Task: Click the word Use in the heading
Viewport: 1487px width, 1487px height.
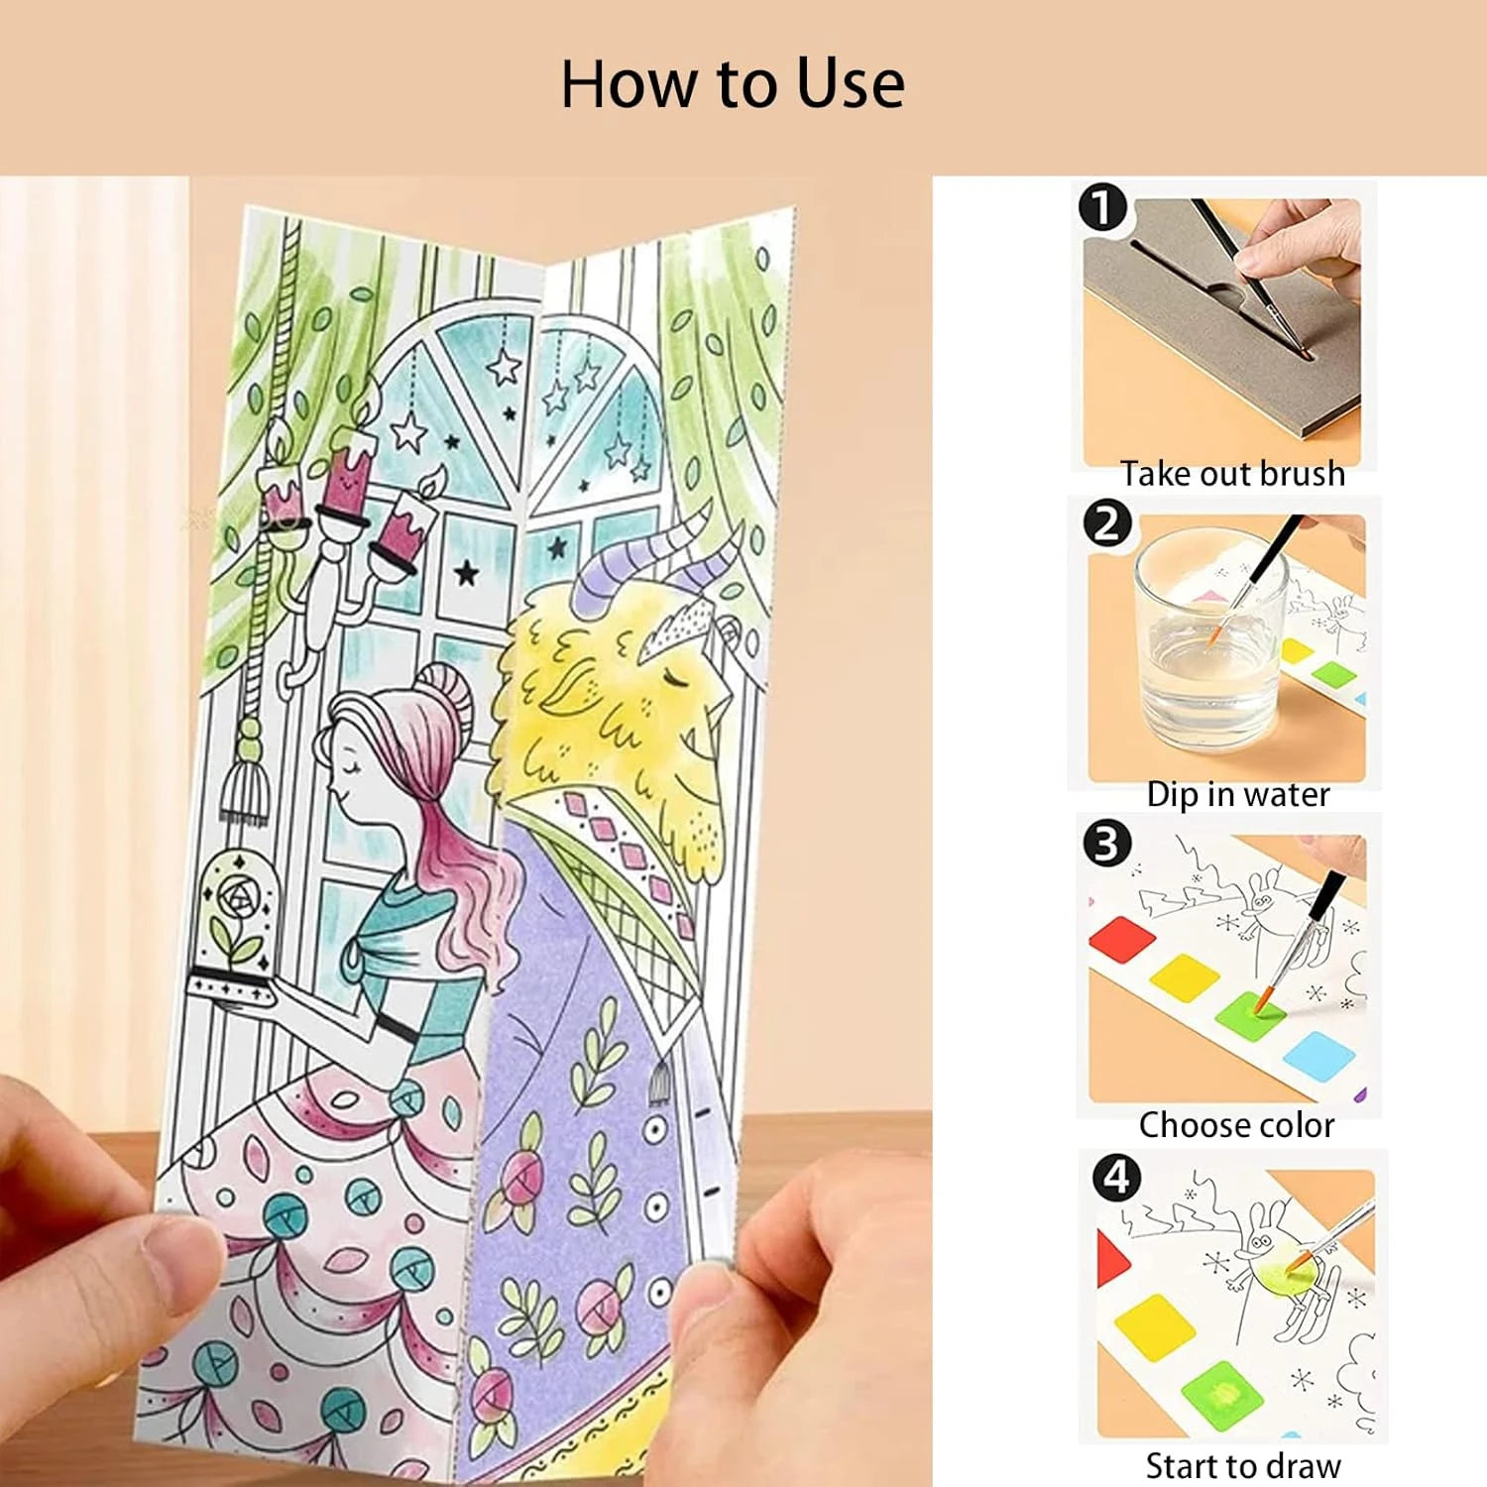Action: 851,83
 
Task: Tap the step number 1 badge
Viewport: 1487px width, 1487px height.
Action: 1103,207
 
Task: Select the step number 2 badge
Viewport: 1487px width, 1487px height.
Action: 1107,523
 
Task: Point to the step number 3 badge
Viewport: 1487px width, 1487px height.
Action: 1107,844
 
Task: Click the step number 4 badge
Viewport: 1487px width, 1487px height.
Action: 1116,1178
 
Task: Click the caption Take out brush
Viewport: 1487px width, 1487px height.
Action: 1232,474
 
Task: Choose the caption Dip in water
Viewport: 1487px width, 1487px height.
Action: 1237,794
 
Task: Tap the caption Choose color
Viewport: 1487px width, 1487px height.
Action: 1236,1125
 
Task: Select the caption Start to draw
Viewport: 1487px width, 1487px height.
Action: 1243,1465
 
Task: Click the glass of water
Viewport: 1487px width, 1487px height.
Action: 1207,639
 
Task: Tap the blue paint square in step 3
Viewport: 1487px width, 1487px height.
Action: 1318,1054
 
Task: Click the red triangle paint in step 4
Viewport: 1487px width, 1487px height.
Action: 1112,1259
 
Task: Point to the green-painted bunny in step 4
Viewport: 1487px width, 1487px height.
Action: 1280,1264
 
